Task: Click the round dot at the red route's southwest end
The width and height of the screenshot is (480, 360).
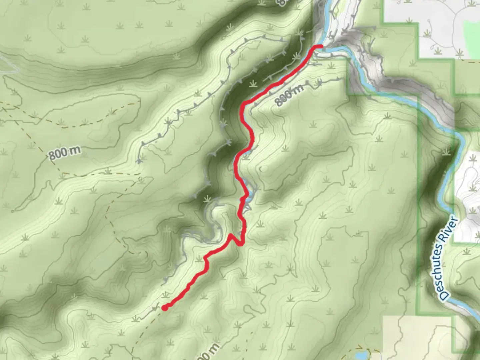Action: tap(165, 307)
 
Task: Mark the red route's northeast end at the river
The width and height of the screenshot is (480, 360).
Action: tap(320, 47)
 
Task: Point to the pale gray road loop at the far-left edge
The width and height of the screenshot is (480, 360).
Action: tap(8, 67)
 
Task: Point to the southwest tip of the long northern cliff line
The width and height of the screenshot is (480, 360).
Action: tap(138, 162)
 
